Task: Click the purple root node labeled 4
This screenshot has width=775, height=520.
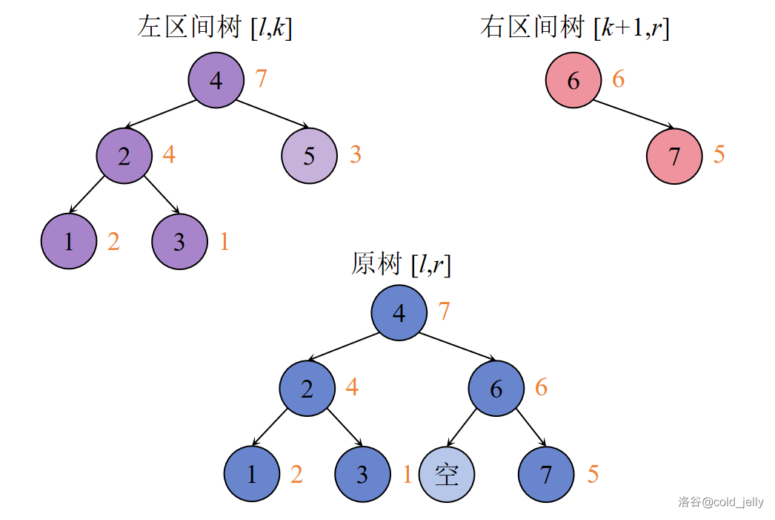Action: pyautogui.click(x=216, y=79)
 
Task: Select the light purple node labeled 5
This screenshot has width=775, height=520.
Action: pyautogui.click(x=309, y=156)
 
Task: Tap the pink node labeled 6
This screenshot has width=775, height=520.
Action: pyautogui.click(x=573, y=80)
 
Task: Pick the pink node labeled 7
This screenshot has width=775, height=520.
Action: pyautogui.click(x=673, y=157)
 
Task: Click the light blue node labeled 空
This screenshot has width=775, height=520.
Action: pyautogui.click(x=446, y=474)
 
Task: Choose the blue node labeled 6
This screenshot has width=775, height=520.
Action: pyautogui.click(x=496, y=388)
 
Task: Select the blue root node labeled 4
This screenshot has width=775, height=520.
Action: pyautogui.click(x=399, y=312)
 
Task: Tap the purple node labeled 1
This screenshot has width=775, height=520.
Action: pyautogui.click(x=69, y=242)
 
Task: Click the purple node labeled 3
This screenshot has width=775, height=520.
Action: pyautogui.click(x=179, y=242)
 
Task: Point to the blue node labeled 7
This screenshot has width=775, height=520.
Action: pyautogui.click(x=546, y=474)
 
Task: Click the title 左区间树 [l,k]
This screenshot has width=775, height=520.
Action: pyautogui.click(x=215, y=28)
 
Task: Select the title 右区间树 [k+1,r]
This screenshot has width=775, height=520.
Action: pyautogui.click(x=574, y=28)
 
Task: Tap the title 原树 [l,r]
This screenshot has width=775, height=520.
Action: pyautogui.click(x=401, y=264)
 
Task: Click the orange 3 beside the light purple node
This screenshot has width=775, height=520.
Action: pyautogui.click(x=356, y=155)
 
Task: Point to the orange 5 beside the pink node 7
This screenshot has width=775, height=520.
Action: pyautogui.click(x=719, y=155)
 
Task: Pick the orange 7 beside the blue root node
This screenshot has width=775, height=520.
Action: pyautogui.click(x=444, y=312)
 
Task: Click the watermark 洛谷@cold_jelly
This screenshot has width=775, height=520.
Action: pyautogui.click(x=720, y=502)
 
